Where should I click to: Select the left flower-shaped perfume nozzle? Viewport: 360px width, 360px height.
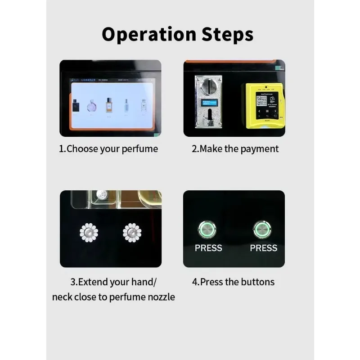point(89,233)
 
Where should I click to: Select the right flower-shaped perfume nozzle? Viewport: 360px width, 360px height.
point(132,233)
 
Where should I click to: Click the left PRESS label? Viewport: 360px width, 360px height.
point(208,248)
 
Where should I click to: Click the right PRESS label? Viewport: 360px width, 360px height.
point(264,248)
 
